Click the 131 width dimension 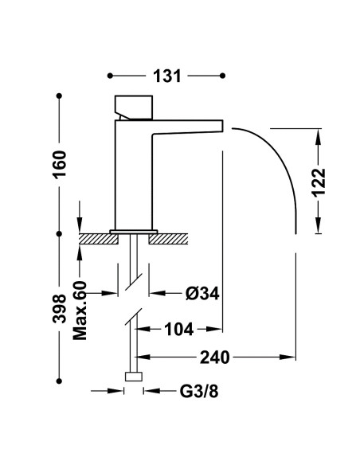(167, 76)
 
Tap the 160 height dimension (59, 164)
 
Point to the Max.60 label (80, 311)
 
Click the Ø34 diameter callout (202, 294)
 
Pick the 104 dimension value (179, 330)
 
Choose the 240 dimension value (215, 358)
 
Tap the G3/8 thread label (199, 392)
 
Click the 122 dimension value (319, 182)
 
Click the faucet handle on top (134, 107)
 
